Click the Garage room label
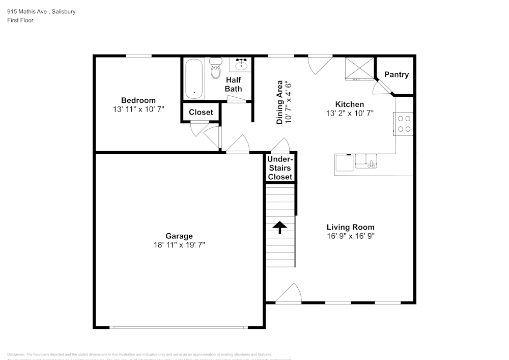[179, 236]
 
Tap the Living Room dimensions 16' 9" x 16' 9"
[351, 236]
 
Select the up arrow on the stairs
[280, 227]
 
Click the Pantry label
[396, 74]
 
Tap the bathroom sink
[241, 65]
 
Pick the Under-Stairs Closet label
[280, 168]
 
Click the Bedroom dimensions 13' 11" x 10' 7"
[138, 109]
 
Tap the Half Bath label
[234, 85]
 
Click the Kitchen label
[349, 104]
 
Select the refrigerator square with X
[359, 68]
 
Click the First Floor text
[20, 20]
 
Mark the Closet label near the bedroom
[201, 112]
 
